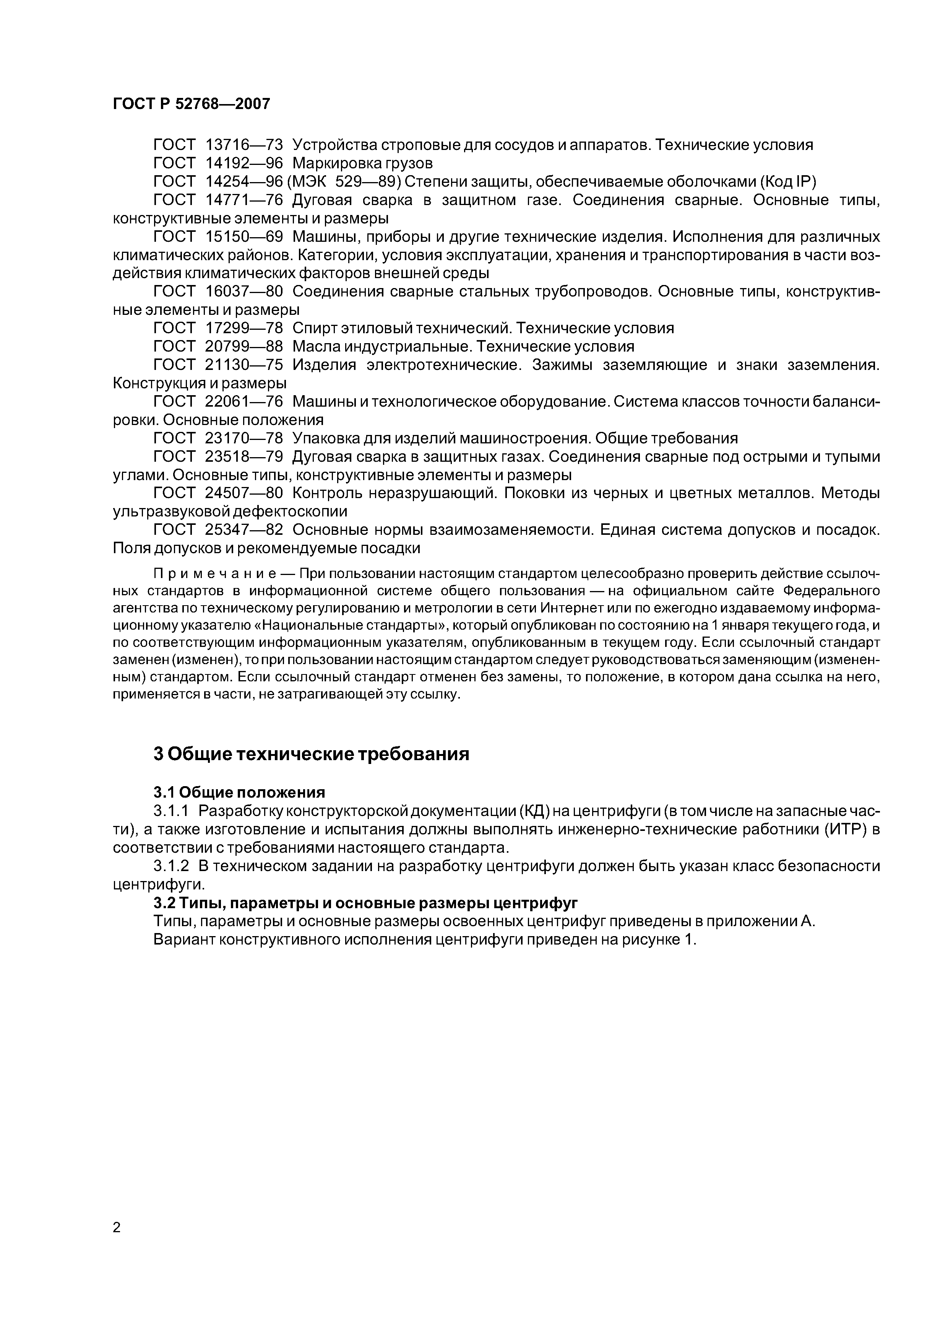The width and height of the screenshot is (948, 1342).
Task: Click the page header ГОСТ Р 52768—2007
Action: tap(192, 104)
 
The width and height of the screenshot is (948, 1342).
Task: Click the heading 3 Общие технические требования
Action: tap(311, 754)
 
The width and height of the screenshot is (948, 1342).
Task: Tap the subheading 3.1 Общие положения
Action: tap(239, 793)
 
